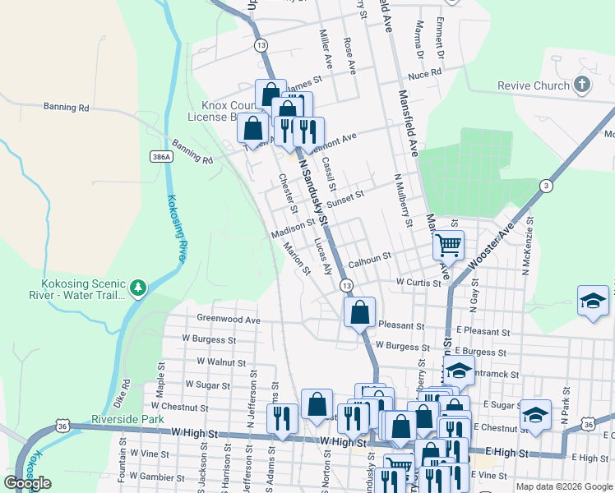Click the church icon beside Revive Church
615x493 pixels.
click(x=581, y=85)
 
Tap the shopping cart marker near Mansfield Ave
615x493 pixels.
click(x=448, y=244)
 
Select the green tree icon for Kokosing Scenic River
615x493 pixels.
click(x=138, y=287)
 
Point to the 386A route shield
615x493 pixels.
click(x=161, y=156)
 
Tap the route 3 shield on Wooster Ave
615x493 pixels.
click(x=545, y=187)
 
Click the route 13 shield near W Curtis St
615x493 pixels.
click(x=347, y=285)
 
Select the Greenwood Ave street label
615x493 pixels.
click(x=228, y=320)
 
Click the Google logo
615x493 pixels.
click(x=27, y=483)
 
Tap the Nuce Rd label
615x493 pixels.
click(x=424, y=74)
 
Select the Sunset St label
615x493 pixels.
click(x=344, y=197)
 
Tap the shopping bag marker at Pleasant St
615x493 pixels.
click(x=359, y=312)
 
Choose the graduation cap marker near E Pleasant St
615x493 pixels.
click(x=592, y=301)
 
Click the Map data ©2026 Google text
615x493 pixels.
click(x=563, y=486)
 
